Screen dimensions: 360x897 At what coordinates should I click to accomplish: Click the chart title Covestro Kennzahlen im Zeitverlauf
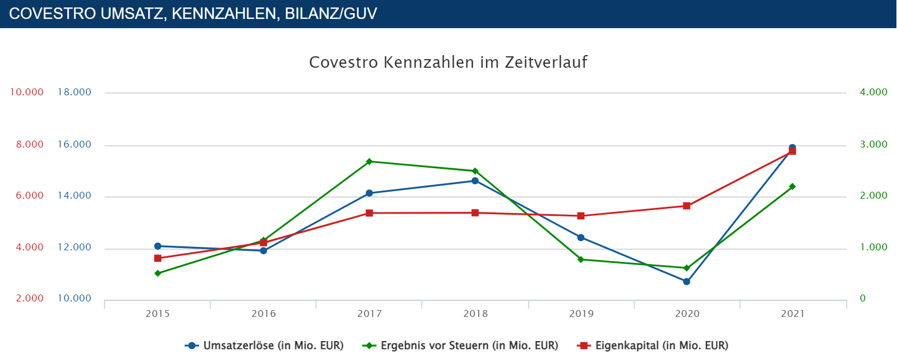448,62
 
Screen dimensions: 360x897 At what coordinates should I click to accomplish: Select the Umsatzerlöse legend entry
265,346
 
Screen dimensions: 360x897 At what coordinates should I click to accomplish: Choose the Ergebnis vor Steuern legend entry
461,346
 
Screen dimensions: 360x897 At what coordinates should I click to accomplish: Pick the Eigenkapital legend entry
653,346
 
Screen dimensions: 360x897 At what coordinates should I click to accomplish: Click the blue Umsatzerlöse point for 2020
686,281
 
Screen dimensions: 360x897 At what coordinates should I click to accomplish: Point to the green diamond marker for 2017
369,161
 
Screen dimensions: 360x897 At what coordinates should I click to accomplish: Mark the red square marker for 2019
581,216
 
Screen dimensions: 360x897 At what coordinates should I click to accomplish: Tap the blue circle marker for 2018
475,181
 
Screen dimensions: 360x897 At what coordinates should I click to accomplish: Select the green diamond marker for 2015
158,273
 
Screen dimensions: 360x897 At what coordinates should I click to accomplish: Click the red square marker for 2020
686,206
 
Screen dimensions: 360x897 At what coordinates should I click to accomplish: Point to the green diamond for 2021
792,187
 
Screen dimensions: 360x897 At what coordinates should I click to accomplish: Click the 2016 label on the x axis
263,314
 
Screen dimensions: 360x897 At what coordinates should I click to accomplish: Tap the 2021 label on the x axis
793,314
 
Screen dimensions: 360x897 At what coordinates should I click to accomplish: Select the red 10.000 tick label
25,92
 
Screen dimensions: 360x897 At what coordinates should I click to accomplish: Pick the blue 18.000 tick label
74,92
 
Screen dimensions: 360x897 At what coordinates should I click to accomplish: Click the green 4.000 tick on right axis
873,92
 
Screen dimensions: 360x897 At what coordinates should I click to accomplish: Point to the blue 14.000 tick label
74,196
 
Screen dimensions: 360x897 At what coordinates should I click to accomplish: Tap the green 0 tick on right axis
863,299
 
